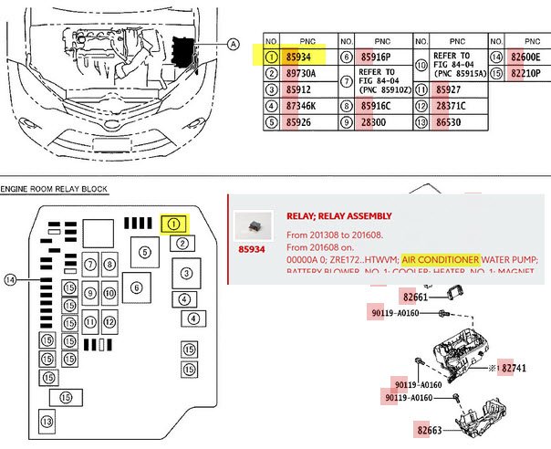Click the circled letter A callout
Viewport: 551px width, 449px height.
pos(233,43)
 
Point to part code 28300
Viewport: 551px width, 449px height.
pos(375,122)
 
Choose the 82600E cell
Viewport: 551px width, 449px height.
pos(526,57)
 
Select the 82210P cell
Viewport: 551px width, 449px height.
pos(526,74)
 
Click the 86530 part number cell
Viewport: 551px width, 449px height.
pos(450,122)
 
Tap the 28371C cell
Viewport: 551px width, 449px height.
pos(451,106)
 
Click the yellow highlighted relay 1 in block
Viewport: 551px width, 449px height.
pos(174,223)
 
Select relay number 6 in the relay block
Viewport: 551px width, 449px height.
pos(136,287)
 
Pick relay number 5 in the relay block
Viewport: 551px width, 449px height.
pos(144,250)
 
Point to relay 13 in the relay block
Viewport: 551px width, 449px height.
pos(47,421)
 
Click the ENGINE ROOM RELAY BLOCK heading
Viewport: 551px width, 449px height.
pos(54,189)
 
